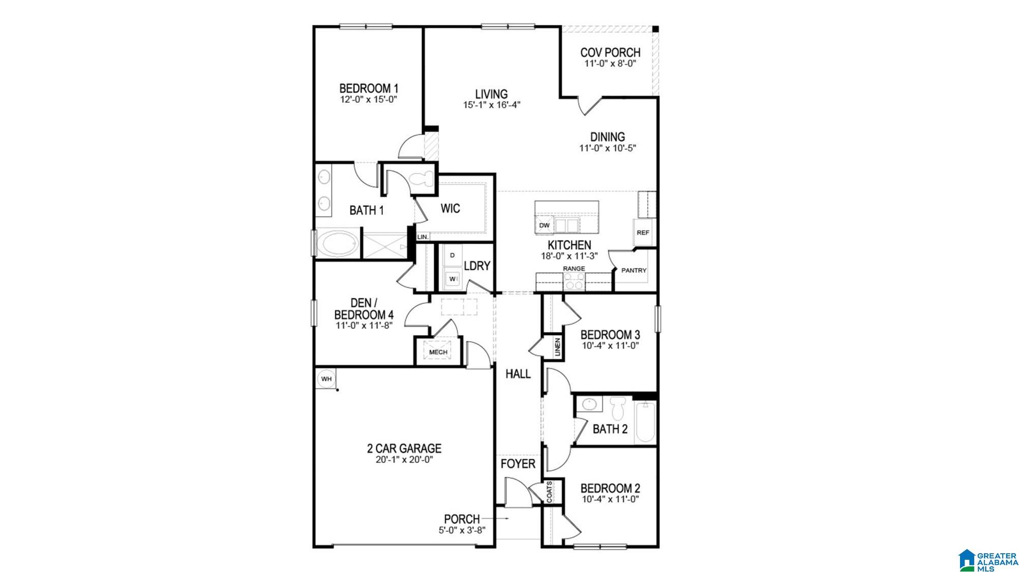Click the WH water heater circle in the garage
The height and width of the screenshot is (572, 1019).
tap(326, 379)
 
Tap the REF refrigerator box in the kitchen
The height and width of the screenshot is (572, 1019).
tap(643, 233)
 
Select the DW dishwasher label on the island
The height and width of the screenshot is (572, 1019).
tap(544, 225)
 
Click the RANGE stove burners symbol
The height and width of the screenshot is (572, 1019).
tap(574, 281)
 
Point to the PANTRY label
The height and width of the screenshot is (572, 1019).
tap(634, 270)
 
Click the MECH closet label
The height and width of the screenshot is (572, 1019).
tap(438, 352)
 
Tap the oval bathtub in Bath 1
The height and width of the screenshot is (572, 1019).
tap(337, 244)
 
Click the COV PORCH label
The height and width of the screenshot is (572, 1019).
tap(610, 52)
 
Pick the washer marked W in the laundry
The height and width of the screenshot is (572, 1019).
tap(452, 278)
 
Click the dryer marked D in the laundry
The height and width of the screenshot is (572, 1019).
tap(452, 256)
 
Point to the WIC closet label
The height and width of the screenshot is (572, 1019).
tap(450, 208)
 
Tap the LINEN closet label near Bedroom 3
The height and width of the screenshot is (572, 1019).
tap(557, 347)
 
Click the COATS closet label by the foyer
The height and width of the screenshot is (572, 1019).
tap(550, 492)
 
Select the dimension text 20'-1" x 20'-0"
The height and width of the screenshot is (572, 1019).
tap(404, 460)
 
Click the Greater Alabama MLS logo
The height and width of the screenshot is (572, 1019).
tap(987, 560)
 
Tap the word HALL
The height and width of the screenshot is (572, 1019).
tap(518, 374)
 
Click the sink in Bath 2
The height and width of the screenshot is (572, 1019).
tap(589, 404)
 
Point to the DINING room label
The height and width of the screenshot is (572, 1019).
tap(607, 137)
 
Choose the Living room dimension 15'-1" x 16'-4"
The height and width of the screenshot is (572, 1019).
tap(491, 105)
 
